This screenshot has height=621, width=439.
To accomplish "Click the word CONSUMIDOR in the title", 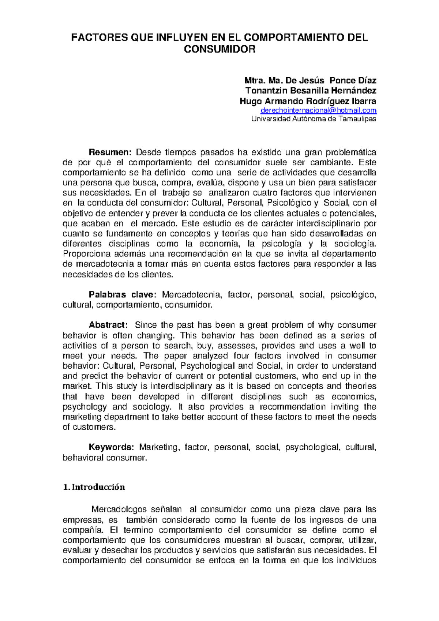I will coord(219,49).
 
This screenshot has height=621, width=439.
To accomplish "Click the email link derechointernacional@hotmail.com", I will coord(318,110).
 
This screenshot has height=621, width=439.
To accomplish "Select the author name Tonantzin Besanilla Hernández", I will coord(311,90).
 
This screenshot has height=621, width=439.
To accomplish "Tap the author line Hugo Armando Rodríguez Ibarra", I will coord(308,101).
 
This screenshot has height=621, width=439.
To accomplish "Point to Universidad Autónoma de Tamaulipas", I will coord(314,119).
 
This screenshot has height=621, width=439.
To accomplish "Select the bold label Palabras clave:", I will coord(123,294).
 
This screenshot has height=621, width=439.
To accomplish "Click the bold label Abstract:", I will coord(108,325).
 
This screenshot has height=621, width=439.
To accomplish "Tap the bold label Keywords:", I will coord(112,447).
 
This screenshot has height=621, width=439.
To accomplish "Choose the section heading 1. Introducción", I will coord(94,487).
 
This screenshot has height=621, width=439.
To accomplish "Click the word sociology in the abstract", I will coord(151,407).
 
